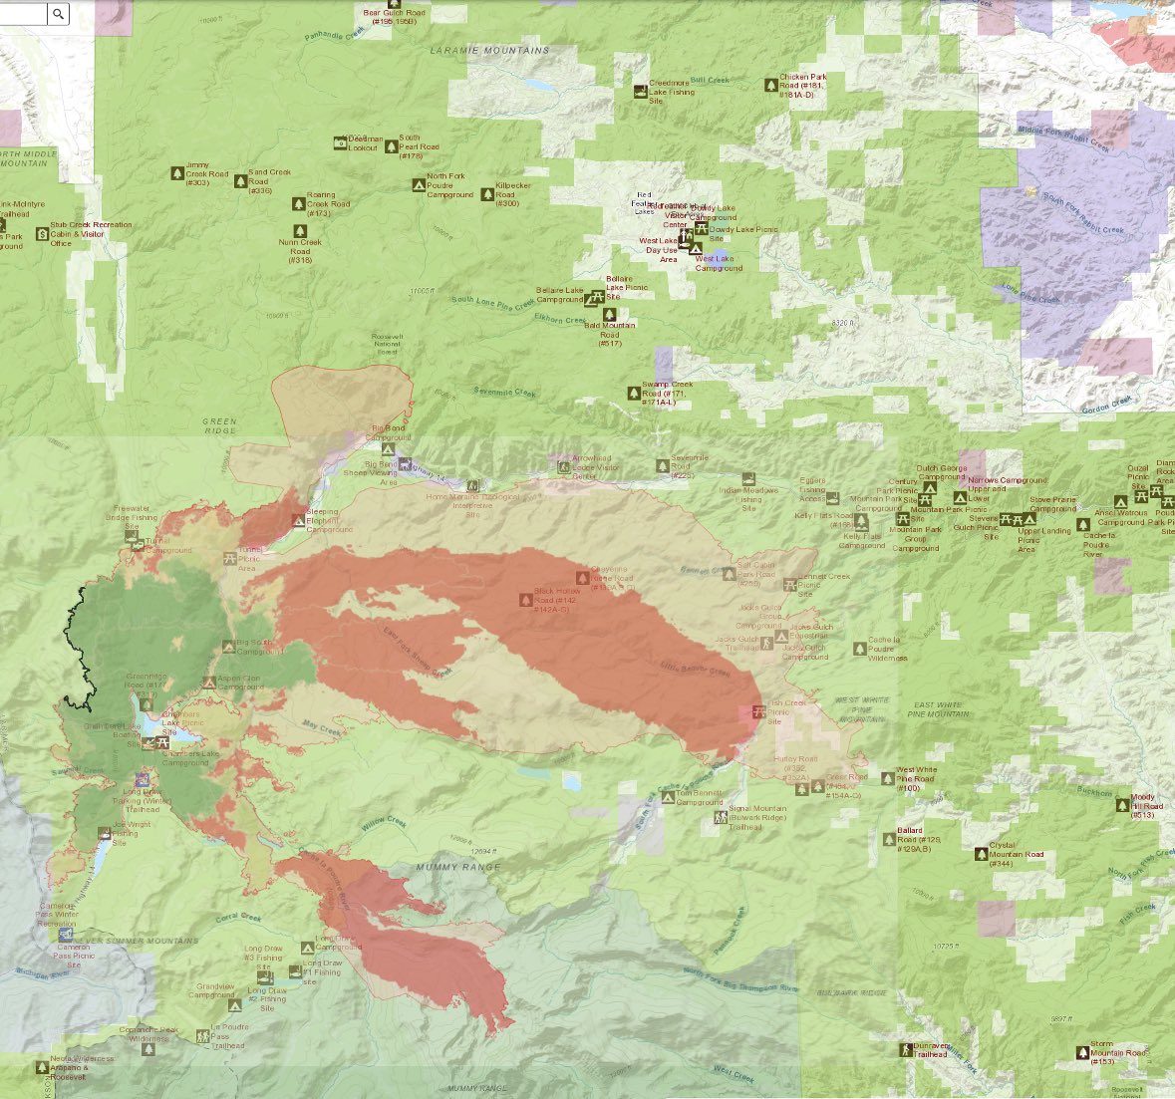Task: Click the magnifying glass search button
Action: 59,13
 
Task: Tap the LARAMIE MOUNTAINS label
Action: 489,50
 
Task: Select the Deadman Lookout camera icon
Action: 341,142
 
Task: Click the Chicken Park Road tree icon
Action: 770,86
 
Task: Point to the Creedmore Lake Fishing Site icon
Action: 639,92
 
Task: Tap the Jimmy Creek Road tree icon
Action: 177,173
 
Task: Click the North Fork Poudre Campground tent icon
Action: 419,185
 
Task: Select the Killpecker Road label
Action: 512,195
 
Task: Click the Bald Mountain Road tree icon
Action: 609,315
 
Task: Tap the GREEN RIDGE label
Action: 219,425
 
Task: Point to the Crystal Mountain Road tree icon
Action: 981,853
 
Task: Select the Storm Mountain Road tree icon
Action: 1082,1052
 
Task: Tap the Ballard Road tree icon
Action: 889,839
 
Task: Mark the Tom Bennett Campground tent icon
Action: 668,795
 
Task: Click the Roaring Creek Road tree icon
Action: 298,204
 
